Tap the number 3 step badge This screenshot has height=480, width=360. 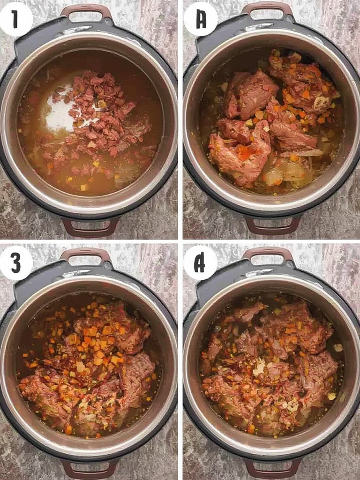click(x=16, y=262)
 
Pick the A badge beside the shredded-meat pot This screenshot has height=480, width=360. click(x=200, y=262)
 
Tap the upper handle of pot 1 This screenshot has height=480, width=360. click(x=87, y=10)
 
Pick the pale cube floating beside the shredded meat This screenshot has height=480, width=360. click(x=338, y=347)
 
